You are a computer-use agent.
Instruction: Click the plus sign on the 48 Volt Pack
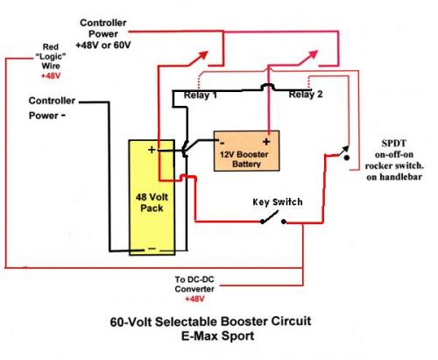(152, 151)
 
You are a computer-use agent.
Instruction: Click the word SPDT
(392, 143)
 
